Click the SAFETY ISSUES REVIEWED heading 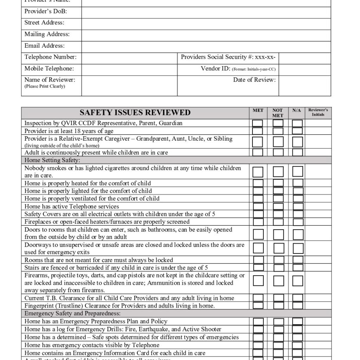coord(135,112)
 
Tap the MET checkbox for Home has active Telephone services coord(258,206)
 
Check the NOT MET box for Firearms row coord(278,281)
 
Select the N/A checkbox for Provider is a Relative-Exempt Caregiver coord(297,142)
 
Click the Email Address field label coord(44,46)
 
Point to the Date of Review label coord(254,80)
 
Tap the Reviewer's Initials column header coord(318,112)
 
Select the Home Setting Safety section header coord(52,160)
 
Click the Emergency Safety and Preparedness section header coord(72,313)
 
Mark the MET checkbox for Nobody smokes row coord(258,172)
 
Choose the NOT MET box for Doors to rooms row coord(278,234)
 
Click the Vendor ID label coord(216,69)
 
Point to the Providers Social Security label coord(228,57)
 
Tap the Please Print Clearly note coord(45,86)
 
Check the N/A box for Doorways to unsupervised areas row coord(298,248)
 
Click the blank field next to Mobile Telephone coord(129,69)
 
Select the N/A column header coord(297,110)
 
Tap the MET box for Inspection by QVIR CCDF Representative coord(258,123)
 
